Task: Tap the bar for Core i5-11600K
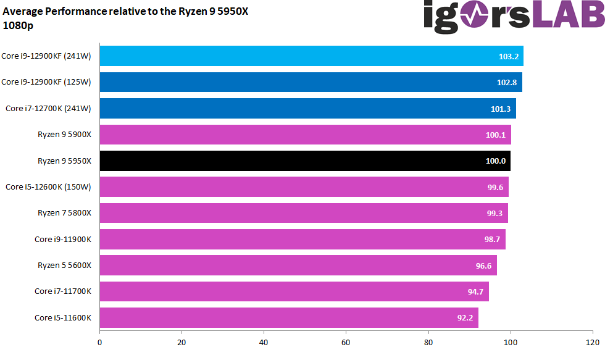pyautogui.click(x=284, y=317)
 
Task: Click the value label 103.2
pyautogui.click(x=508, y=56)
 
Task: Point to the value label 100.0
pyautogui.click(x=496, y=161)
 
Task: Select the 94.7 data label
pyautogui.click(x=475, y=291)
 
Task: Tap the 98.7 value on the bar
pyautogui.click(x=491, y=240)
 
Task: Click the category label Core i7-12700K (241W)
pyautogui.click(x=48, y=109)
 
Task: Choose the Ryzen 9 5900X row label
pyautogui.click(x=64, y=135)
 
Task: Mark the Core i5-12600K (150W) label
pyautogui.click(x=48, y=187)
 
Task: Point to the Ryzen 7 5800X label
pyautogui.click(x=64, y=213)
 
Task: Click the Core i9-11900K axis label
pyautogui.click(x=62, y=239)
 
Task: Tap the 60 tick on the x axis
pyautogui.click(x=346, y=341)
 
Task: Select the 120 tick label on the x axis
pyautogui.click(x=592, y=341)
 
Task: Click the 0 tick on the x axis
pyautogui.click(x=99, y=341)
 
